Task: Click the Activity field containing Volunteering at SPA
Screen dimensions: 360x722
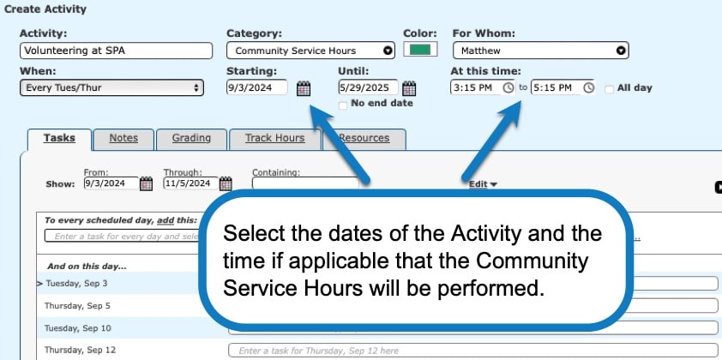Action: [115, 51]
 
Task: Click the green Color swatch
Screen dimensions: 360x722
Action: [420, 50]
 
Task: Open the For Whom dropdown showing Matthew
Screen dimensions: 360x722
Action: [539, 51]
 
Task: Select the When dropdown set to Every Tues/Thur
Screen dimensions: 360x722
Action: [111, 87]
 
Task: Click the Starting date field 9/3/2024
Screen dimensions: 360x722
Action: [256, 87]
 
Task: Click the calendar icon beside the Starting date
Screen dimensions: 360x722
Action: [304, 88]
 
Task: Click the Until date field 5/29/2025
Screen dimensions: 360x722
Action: [367, 87]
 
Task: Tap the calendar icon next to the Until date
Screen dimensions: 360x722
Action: [409, 88]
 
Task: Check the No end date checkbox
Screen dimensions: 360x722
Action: [344, 105]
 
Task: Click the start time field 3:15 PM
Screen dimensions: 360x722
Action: [476, 87]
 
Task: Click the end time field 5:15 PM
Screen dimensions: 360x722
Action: [556, 87]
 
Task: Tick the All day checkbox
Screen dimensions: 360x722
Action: [609, 88]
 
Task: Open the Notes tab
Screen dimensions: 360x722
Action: [123, 138]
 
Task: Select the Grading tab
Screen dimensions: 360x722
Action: [185, 138]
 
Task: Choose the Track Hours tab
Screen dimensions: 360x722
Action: [274, 138]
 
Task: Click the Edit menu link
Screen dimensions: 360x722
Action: [483, 183]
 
